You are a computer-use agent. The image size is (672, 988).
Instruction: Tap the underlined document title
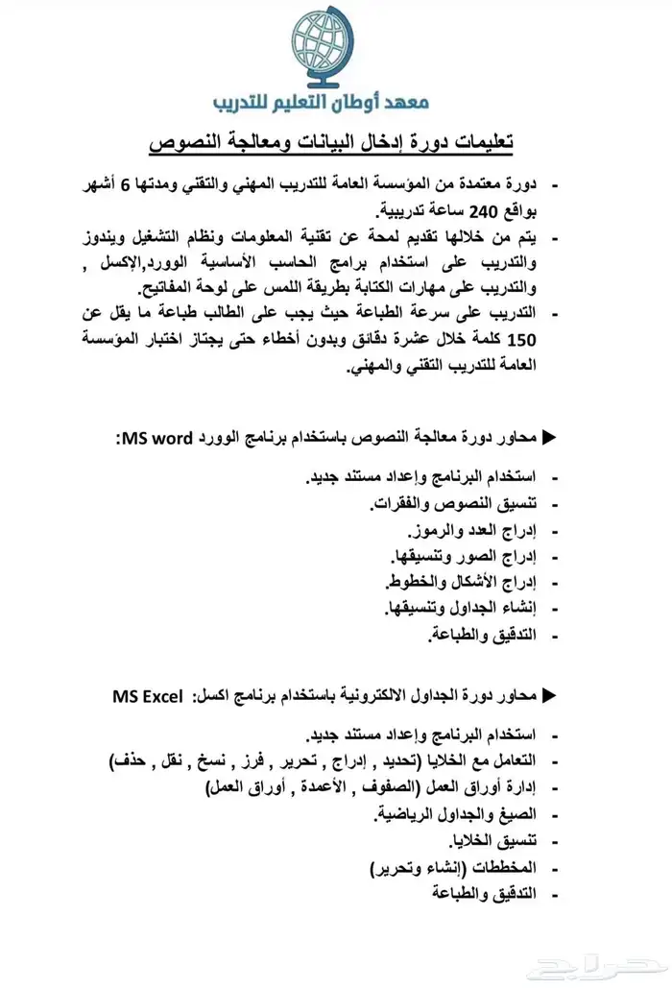331,143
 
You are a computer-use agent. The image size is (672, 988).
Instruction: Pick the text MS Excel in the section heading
147,696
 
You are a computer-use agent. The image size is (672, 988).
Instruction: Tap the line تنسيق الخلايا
482,841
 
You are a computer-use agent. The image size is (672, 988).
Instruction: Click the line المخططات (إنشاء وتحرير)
451,867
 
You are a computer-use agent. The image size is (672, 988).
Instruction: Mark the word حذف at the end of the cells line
128,762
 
